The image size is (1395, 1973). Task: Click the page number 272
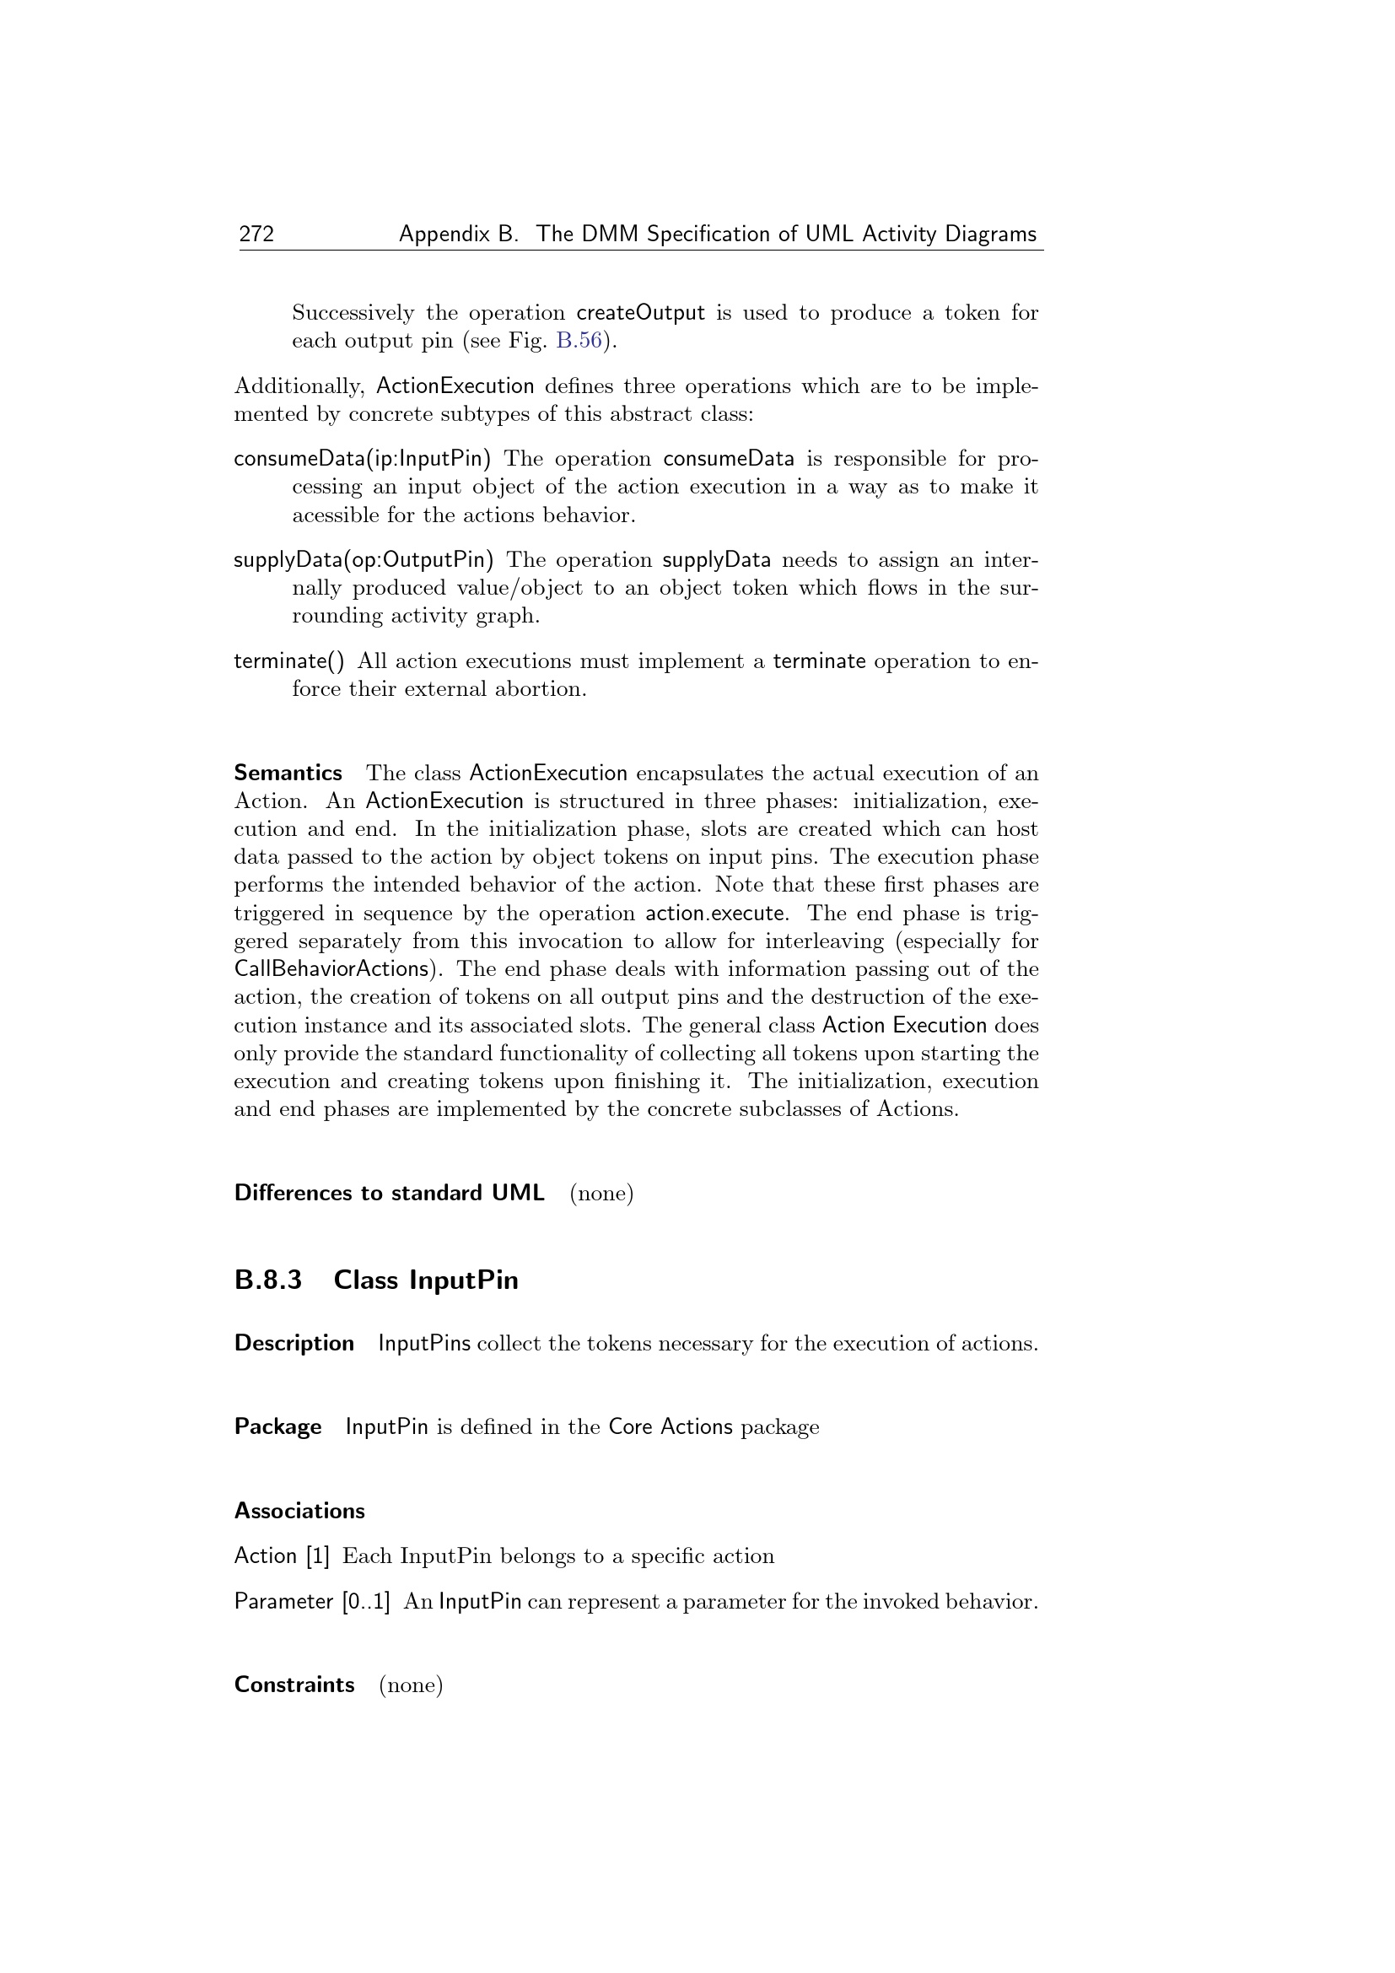click(256, 234)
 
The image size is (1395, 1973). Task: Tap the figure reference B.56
click(579, 341)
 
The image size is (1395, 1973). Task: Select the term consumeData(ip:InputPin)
click(363, 459)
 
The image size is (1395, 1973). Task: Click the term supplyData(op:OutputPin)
click(364, 560)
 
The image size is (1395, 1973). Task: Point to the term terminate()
click(288, 660)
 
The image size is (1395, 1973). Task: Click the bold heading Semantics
click(288, 774)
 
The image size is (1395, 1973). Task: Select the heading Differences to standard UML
click(389, 1193)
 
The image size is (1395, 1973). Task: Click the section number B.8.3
click(268, 1280)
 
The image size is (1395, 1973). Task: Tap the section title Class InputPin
click(426, 1280)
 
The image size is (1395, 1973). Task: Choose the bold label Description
click(294, 1343)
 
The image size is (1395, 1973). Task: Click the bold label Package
click(277, 1427)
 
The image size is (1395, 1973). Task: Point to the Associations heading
click(299, 1511)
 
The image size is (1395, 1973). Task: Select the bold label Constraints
click(294, 1685)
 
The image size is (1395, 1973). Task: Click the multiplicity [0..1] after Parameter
click(366, 1602)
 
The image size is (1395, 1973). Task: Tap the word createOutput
click(640, 313)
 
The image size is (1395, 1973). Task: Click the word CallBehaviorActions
click(331, 969)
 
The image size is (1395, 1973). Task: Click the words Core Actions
click(670, 1427)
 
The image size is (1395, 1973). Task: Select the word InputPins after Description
click(424, 1343)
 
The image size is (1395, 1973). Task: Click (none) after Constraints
click(411, 1685)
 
